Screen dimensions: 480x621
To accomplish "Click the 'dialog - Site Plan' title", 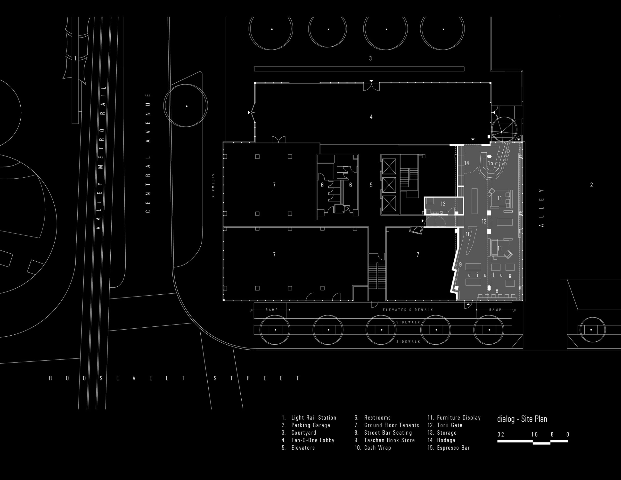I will [x=522, y=419].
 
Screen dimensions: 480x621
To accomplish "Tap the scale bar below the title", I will [x=532, y=442].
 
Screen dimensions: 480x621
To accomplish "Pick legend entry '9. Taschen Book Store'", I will [x=384, y=440].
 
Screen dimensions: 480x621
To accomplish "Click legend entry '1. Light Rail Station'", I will [x=309, y=418].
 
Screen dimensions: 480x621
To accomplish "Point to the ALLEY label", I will [x=541, y=208].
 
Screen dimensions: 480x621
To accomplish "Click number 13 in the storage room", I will [x=443, y=204].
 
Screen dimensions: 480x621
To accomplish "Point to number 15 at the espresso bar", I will [x=490, y=163].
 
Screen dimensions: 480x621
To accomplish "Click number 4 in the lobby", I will [x=371, y=117].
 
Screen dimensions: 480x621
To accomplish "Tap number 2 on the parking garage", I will [x=591, y=185].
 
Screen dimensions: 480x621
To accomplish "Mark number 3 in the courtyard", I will [x=370, y=58].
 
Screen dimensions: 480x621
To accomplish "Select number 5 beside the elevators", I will [x=371, y=185].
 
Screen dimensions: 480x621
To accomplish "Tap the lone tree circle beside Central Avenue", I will [x=187, y=106].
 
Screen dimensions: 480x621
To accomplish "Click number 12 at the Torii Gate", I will [x=484, y=221].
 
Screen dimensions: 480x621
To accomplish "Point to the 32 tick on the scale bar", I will [x=501, y=434].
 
